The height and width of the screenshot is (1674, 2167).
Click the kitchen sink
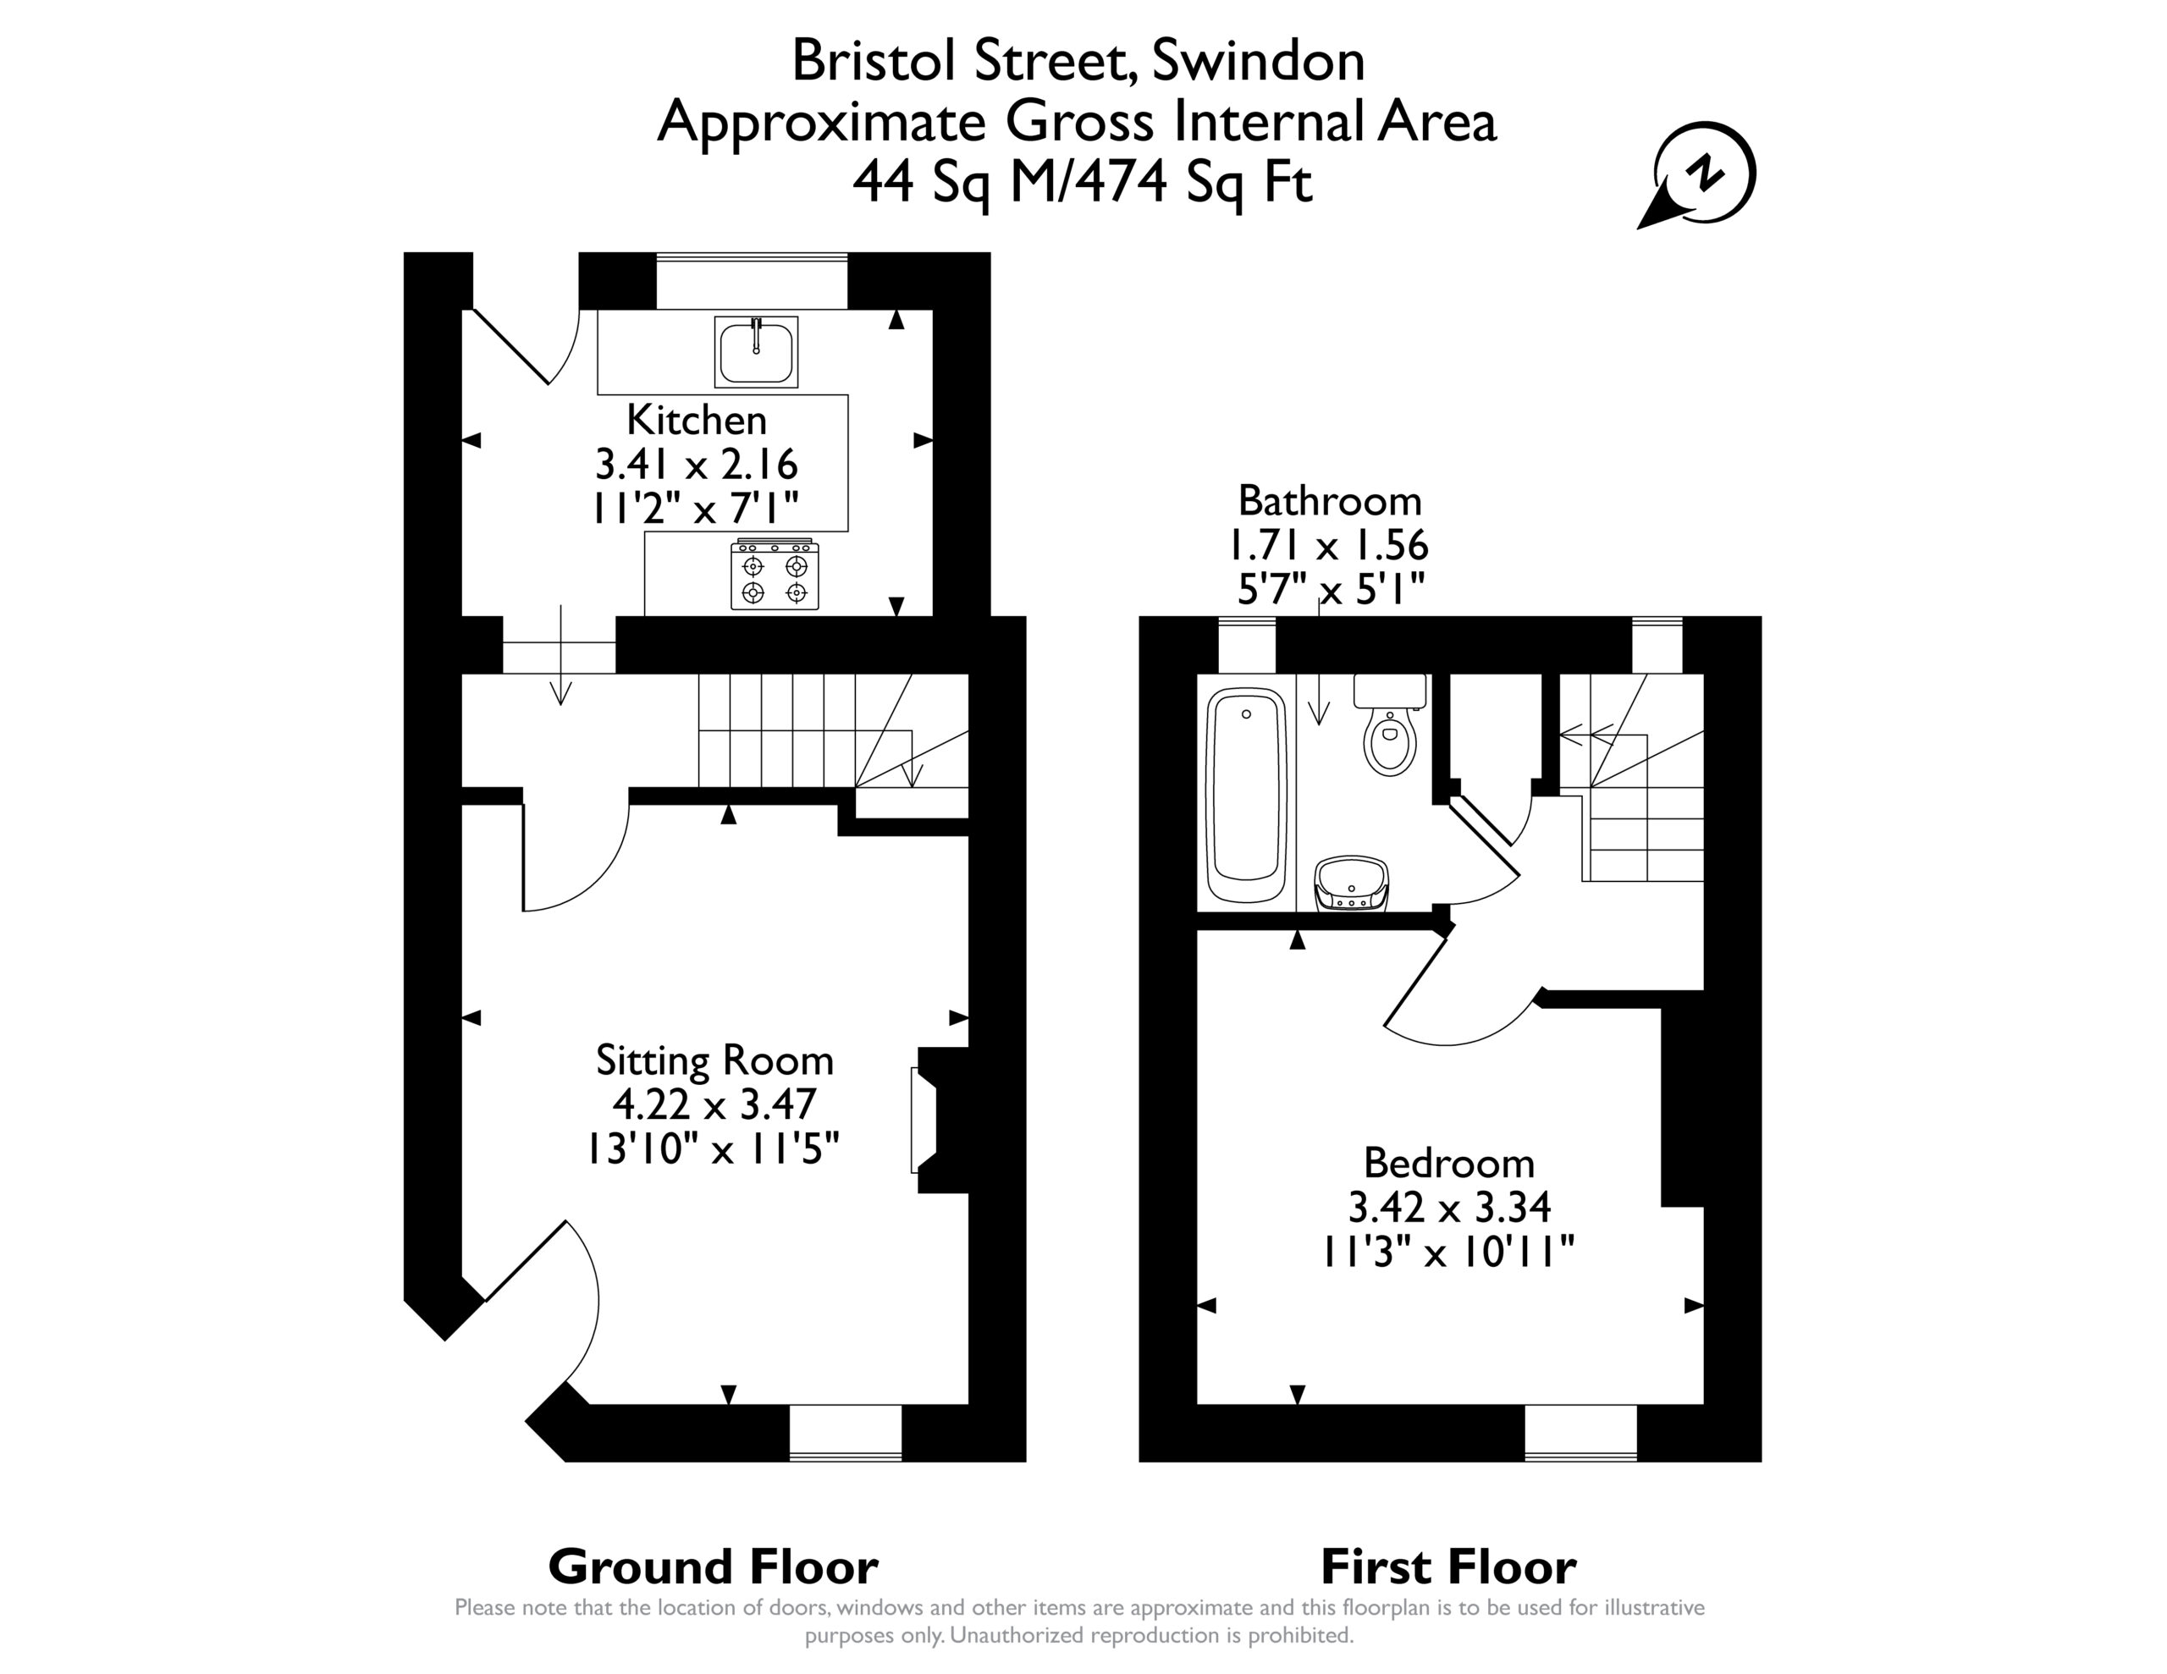pos(756,352)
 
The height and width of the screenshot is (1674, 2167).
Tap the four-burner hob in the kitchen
pos(775,575)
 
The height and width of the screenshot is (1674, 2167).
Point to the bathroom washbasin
pos(1351,884)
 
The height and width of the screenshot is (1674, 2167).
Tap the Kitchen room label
pos(697,420)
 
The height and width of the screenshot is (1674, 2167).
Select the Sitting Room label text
pos(714,1060)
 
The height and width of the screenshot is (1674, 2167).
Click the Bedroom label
pos(1448,1162)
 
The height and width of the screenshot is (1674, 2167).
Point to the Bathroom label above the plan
pos(1330,500)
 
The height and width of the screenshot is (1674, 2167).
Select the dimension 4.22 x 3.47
pos(714,1104)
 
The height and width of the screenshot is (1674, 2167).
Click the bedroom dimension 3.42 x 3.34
pos(1448,1207)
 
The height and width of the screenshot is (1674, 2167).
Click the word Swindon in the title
pos(1258,62)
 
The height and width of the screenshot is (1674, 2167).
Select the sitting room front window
pos(846,1433)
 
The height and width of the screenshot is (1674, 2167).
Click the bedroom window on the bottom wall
pos(1580,1433)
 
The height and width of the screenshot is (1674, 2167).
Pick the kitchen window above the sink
pos(752,282)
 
